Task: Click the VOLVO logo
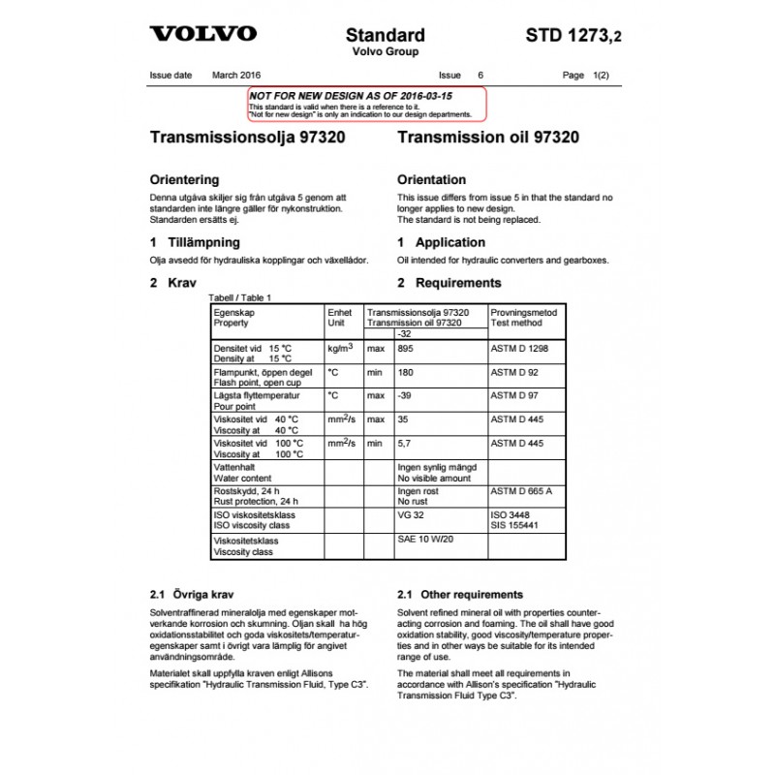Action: coord(202,34)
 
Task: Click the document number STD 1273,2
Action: coord(573,36)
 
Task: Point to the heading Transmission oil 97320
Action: coord(488,138)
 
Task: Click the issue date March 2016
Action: coord(236,75)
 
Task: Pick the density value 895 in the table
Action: coord(406,349)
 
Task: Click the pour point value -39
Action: coord(405,395)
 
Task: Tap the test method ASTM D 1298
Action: coord(519,349)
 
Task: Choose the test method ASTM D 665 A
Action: coord(521,491)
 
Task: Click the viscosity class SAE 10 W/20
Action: coord(425,539)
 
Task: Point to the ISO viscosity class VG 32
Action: coord(411,514)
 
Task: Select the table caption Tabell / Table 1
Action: coord(241,297)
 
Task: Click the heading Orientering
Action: coord(184,180)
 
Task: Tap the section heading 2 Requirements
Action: coord(449,283)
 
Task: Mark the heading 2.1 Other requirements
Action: coord(460,595)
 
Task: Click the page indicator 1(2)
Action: coord(601,75)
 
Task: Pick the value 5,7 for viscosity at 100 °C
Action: coord(405,443)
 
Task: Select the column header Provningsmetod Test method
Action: coord(523,318)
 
